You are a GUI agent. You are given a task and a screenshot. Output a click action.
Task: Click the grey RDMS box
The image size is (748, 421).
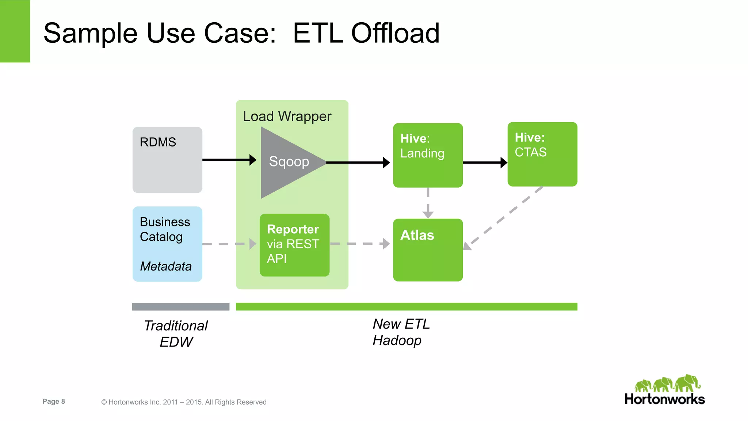[167, 160]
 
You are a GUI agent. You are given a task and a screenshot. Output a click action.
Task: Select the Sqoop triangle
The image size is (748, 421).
[287, 162]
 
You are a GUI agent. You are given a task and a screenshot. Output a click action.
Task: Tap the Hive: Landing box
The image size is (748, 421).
[428, 156]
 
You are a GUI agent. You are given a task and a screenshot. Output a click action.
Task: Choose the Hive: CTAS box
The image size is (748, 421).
[542, 154]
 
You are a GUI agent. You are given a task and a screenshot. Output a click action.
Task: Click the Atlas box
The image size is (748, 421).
[428, 250]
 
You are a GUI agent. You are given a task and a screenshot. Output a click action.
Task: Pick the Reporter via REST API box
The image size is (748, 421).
[294, 245]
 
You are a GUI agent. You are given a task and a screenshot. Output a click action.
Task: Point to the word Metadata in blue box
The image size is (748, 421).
[166, 267]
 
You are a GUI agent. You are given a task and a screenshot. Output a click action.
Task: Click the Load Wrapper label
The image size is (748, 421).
[287, 116]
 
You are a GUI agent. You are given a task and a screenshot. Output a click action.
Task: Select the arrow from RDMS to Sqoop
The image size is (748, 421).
[228, 160]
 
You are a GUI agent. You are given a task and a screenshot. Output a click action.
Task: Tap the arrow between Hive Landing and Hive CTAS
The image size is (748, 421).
[484, 162]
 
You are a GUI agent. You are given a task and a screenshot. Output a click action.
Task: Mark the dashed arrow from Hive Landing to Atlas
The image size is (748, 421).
[428, 203]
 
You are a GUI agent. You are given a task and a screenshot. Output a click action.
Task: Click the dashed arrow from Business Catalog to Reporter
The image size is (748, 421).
[228, 244]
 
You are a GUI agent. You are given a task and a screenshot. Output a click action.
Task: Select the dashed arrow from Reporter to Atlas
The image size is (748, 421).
[359, 244]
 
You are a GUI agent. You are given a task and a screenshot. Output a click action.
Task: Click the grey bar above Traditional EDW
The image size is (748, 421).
[180, 307]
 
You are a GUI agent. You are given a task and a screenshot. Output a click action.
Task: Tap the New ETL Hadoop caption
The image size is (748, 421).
[401, 332]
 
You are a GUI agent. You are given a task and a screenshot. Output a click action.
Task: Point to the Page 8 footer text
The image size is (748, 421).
[54, 402]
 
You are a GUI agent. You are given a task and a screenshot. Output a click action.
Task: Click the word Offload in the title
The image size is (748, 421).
[395, 33]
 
